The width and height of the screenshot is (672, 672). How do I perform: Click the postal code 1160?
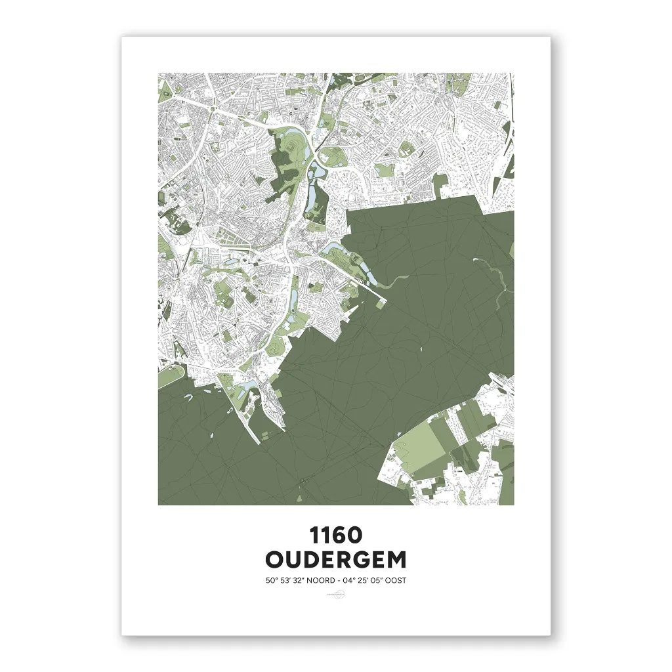335,535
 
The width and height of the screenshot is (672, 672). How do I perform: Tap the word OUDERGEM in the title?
335,560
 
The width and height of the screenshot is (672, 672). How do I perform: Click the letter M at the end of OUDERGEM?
395,560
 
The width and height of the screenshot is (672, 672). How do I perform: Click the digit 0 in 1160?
354,535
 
